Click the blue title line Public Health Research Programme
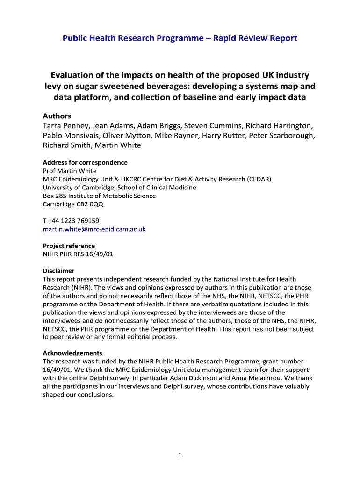(x=180, y=38)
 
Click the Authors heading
(x=57, y=116)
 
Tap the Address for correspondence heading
(x=85, y=162)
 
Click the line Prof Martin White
(x=70, y=171)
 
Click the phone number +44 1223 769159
(x=74, y=221)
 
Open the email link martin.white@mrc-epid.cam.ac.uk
(x=94, y=229)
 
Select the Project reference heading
(x=69, y=246)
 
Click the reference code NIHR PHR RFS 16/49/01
(x=78, y=254)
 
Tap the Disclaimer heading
(x=58, y=271)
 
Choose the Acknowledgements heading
(x=72, y=353)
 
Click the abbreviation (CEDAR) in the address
(x=256, y=179)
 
